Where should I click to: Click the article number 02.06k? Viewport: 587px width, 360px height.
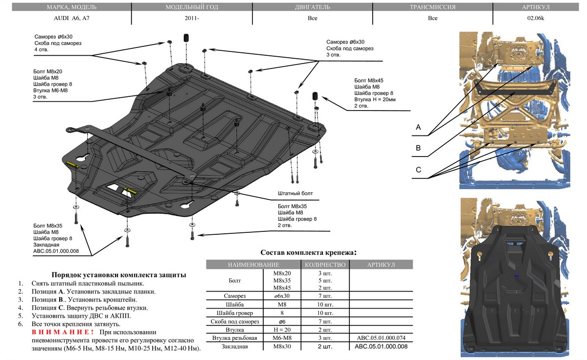(537, 19)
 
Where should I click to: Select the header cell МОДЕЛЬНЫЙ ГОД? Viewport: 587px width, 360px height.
(192, 7)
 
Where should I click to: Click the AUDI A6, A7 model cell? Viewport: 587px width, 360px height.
(66, 19)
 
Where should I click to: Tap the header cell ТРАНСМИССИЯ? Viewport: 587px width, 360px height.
(432, 7)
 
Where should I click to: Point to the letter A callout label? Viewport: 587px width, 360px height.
(418, 127)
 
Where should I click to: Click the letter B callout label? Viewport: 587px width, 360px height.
(418, 148)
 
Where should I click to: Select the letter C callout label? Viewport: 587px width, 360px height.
(418, 170)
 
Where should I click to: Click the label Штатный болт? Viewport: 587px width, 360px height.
(294, 194)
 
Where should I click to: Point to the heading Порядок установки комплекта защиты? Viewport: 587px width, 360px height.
(118, 275)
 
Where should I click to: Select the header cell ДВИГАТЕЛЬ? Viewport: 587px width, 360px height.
(312, 7)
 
